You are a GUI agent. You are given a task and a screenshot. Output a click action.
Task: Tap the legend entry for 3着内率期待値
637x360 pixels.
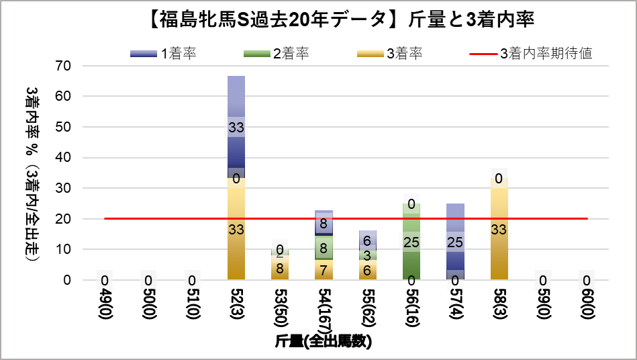tap(530, 54)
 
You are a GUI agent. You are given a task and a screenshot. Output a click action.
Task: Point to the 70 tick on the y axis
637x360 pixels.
tap(64, 66)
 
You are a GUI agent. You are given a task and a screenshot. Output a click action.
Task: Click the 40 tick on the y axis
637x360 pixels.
tap(64, 157)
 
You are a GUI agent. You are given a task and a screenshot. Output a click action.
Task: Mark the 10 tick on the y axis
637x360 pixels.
tap(64, 249)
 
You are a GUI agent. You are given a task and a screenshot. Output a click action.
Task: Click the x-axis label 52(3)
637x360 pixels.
tap(236, 306)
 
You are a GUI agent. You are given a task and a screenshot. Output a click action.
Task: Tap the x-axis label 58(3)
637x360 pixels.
tap(499, 306)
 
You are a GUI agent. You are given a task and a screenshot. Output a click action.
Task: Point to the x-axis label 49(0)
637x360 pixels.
tap(105, 306)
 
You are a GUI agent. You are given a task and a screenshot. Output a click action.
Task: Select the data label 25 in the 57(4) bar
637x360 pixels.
tap(455, 242)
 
